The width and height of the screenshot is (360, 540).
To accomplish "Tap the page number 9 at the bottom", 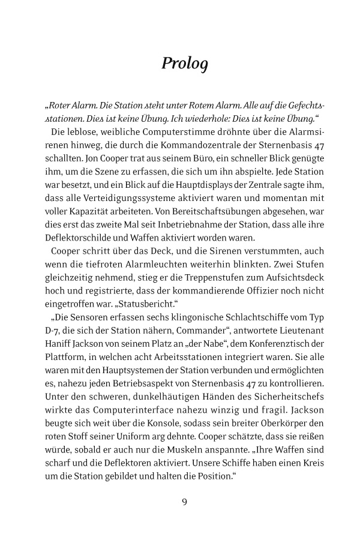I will [184, 502].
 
